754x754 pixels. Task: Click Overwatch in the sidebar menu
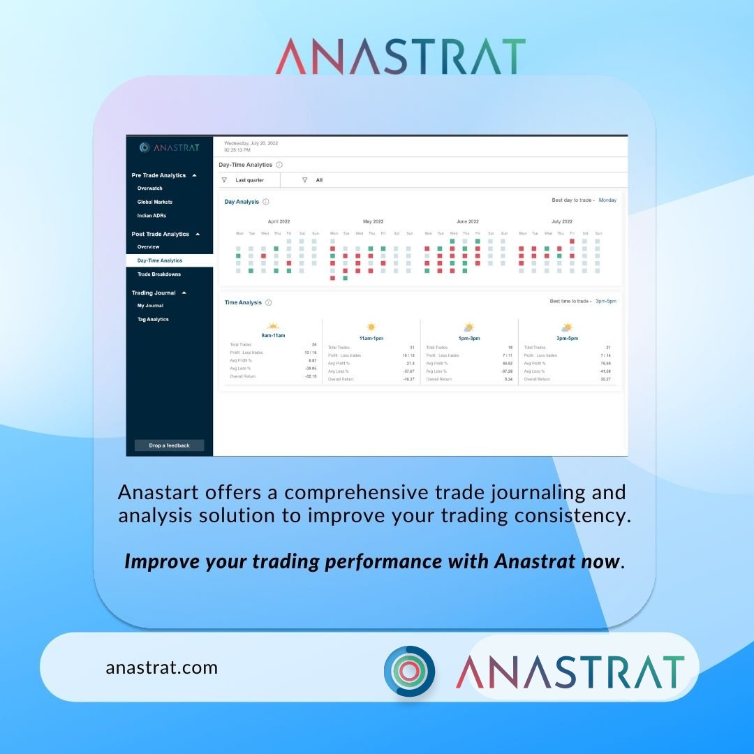(150, 188)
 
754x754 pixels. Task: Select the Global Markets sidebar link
(155, 202)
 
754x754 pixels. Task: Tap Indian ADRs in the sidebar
(152, 216)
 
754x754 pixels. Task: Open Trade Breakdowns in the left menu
(159, 274)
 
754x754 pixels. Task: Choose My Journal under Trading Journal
(150, 306)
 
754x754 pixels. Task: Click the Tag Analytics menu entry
(153, 320)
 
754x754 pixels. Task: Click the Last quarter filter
(249, 180)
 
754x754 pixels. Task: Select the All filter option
(319, 180)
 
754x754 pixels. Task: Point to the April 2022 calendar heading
(279, 221)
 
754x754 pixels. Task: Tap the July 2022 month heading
(562, 221)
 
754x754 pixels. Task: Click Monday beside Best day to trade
(607, 200)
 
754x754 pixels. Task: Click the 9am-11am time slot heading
(273, 336)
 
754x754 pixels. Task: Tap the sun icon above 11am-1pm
(371, 327)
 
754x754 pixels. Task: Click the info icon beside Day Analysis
(266, 202)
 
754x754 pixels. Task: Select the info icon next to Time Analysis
(269, 303)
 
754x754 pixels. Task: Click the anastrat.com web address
(162, 667)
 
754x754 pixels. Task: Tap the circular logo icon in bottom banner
(409, 671)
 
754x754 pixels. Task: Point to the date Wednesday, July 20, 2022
(251, 143)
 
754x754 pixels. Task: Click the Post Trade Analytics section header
(161, 235)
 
